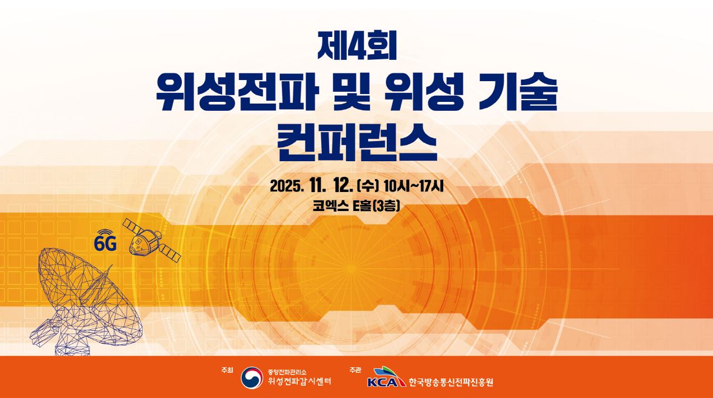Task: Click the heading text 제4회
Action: pyautogui.click(x=356, y=45)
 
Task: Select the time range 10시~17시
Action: pyautogui.click(x=414, y=185)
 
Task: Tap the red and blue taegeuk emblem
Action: pyautogui.click(x=252, y=378)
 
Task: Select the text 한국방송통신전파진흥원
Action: pyautogui.click(x=451, y=382)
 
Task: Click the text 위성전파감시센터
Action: pyautogui.click(x=299, y=382)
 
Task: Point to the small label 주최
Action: pyautogui.click(x=227, y=370)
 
